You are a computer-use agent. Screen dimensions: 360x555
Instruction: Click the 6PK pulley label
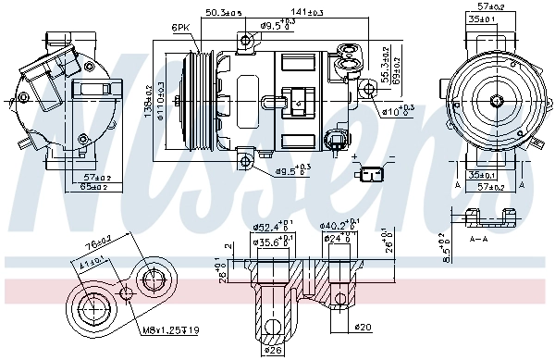(x=181, y=29)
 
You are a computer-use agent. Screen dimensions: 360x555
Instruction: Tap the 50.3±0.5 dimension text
(x=224, y=13)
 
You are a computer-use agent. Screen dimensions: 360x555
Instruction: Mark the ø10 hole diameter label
(x=399, y=112)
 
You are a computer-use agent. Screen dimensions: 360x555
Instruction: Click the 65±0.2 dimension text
(x=92, y=188)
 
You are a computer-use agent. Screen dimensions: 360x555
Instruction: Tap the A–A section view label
(x=478, y=237)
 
